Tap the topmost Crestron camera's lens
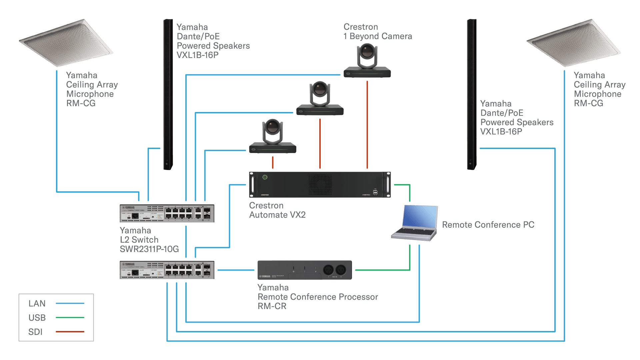[x=367, y=52]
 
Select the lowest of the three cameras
[x=273, y=137]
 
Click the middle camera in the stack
[x=320, y=99]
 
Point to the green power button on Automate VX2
[x=265, y=177]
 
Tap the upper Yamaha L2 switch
[x=167, y=213]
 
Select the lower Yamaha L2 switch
[x=167, y=270]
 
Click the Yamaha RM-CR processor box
[x=304, y=270]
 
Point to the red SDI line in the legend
[x=70, y=332]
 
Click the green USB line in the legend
[x=70, y=318]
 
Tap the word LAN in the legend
[x=37, y=304]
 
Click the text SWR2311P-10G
[x=149, y=249]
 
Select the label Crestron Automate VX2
[x=277, y=210]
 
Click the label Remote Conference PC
[x=488, y=225]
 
